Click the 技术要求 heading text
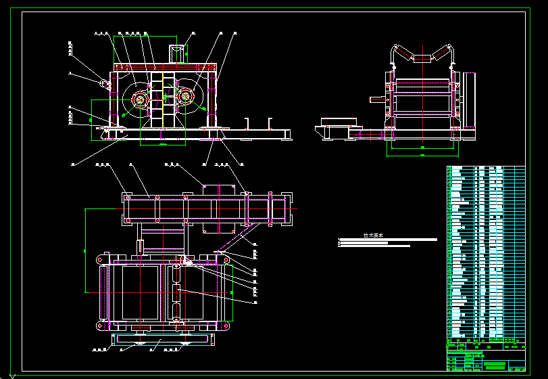tap(373, 236)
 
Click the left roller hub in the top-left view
tap(140, 99)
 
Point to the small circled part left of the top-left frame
tap(105, 84)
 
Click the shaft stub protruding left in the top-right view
tap(376, 100)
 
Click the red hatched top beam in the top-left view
tap(166, 68)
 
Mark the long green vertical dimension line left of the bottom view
tap(84, 250)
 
